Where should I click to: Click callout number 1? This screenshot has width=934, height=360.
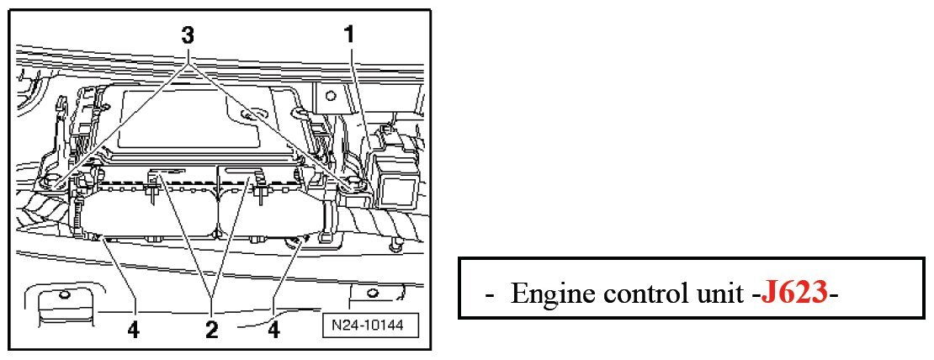[348, 34]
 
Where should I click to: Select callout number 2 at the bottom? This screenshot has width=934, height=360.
[212, 326]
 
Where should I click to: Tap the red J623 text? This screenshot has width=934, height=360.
[794, 294]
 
